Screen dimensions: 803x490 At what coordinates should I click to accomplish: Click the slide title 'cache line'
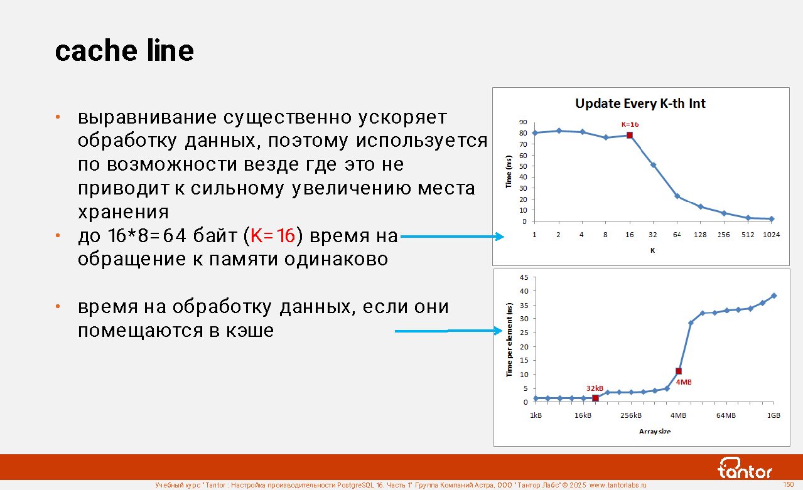click(124, 50)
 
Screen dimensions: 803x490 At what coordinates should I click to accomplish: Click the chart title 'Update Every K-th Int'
click(640, 104)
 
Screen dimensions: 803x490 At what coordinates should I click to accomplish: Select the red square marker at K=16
click(630, 135)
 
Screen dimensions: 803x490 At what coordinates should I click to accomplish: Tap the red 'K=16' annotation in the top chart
click(630, 125)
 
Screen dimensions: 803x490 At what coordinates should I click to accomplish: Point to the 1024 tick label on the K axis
click(771, 235)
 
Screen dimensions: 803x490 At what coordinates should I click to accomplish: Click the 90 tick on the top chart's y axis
click(523, 122)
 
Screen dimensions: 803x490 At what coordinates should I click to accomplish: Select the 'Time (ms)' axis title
click(509, 171)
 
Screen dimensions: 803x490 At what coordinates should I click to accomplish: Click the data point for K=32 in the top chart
click(653, 165)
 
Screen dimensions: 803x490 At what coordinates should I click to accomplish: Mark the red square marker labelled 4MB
click(679, 371)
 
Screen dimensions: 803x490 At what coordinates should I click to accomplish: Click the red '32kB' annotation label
click(595, 388)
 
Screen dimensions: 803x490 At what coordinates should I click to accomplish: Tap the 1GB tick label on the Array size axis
click(773, 415)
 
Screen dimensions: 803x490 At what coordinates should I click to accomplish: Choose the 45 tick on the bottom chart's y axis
click(524, 277)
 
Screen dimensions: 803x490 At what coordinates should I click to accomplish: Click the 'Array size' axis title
click(655, 432)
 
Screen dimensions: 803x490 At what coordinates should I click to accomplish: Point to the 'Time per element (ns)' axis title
click(509, 340)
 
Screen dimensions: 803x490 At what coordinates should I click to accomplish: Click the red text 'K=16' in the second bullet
click(273, 236)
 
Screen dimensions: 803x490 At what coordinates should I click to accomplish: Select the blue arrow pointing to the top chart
click(452, 237)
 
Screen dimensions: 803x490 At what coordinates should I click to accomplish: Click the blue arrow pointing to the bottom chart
click(448, 331)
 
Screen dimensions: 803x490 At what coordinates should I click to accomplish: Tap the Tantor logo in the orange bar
click(745, 468)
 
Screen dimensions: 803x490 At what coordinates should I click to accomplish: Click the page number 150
click(788, 484)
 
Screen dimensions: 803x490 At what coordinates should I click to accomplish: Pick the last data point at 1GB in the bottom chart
click(774, 296)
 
